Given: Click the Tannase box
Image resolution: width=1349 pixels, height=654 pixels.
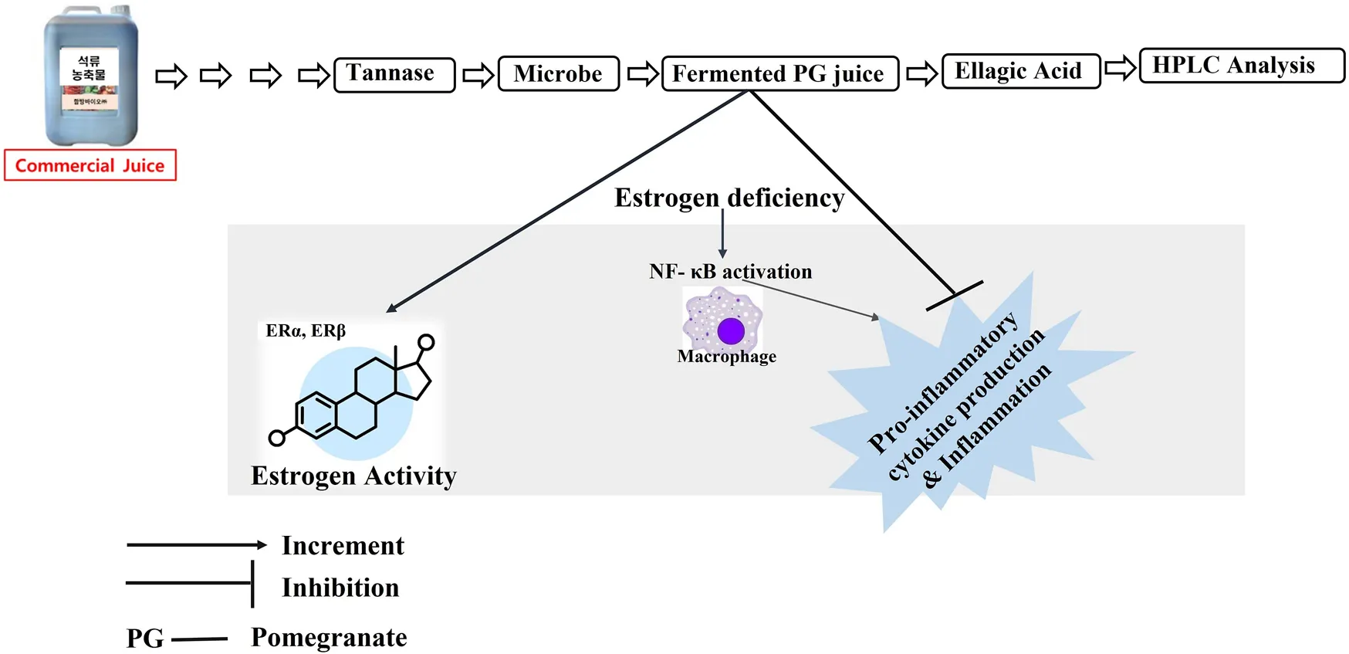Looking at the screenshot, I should point(394,75).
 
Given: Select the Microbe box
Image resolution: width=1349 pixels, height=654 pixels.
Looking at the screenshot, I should point(558,74).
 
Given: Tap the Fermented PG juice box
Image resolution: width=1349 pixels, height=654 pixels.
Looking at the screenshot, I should point(779,74).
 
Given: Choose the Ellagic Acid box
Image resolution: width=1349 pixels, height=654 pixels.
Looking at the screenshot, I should point(1020,72).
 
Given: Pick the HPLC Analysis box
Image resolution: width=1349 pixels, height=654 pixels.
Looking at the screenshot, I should point(1240,66).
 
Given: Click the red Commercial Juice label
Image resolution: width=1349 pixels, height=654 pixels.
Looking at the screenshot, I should point(90,165).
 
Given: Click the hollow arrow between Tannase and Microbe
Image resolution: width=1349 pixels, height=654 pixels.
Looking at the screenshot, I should point(478,75).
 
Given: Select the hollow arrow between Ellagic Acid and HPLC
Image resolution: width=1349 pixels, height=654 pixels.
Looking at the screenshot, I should point(1120,68).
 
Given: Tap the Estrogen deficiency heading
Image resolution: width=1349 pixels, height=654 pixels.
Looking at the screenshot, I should point(729,198).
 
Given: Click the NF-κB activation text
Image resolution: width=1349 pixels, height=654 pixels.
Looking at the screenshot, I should point(730,272).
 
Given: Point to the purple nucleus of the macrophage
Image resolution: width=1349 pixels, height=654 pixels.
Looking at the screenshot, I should point(730,331).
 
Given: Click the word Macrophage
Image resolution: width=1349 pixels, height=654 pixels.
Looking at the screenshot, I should point(726,357).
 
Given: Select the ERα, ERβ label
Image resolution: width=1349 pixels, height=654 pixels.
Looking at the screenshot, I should point(306,330).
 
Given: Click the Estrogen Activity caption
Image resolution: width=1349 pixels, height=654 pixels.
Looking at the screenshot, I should point(353,476).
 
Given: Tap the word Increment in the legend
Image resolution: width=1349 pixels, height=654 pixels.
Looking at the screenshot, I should point(343,546).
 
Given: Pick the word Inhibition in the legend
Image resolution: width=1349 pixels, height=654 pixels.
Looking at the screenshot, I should point(340,588).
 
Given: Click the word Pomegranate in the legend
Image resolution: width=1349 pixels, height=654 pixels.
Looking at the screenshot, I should point(329,638).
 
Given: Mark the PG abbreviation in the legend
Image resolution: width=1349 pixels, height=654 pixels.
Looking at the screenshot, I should point(145,639).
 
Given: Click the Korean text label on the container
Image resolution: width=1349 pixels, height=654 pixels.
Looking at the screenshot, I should point(90,68).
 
